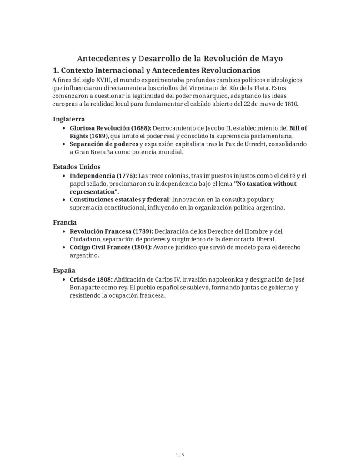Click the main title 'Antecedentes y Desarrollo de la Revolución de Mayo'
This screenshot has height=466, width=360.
[x=180, y=58]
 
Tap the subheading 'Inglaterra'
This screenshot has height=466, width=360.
[x=69, y=119]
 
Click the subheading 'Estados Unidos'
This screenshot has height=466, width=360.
[x=77, y=167]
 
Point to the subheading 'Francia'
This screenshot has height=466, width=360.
[x=65, y=222]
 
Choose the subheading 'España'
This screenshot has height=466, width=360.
[x=64, y=270]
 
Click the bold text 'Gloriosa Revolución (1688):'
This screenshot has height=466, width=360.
[x=110, y=128]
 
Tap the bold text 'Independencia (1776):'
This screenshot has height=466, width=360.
[x=103, y=176]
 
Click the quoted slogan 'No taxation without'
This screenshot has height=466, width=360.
[x=265, y=184]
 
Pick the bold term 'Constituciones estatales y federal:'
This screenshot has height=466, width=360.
[x=120, y=200]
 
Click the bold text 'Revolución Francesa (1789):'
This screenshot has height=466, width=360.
[x=111, y=231]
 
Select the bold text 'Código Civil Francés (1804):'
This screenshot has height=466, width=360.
[x=111, y=247]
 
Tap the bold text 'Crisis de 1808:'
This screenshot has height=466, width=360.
[x=91, y=279]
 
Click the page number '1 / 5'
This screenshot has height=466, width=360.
[x=180, y=455]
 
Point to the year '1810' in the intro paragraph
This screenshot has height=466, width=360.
[x=292, y=104]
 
